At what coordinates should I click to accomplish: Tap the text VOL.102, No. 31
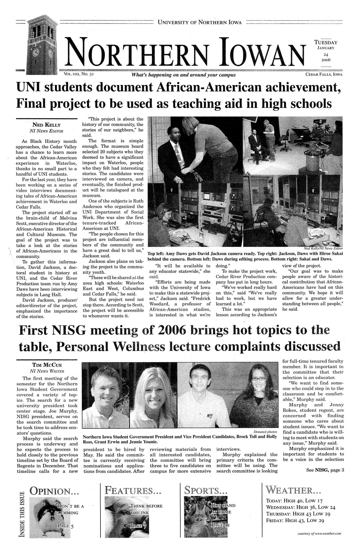pos(79,75)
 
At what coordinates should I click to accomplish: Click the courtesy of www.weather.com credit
pos(319,533)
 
